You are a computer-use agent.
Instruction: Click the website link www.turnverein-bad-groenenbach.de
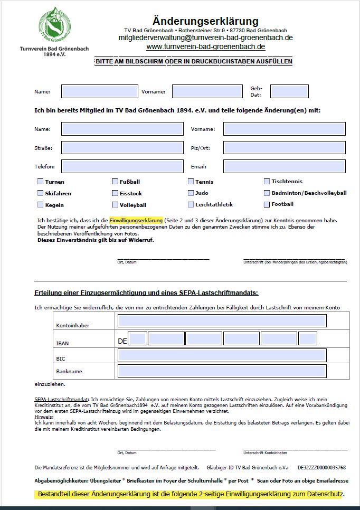click(x=205, y=47)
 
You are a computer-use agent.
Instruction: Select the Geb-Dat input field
click(x=289, y=91)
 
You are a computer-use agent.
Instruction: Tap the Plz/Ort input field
click(x=285, y=148)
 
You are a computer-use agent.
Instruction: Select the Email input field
click(x=285, y=167)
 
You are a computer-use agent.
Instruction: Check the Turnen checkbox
click(x=40, y=182)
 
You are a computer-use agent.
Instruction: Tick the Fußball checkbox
click(x=115, y=182)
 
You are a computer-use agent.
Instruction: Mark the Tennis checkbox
click(x=191, y=182)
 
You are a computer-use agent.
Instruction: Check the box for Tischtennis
click(x=267, y=182)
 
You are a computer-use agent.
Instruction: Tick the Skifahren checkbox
click(x=40, y=193)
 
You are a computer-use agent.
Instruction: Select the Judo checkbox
click(x=191, y=193)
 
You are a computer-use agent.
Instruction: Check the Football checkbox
click(x=267, y=204)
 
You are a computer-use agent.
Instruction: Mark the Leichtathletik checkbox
click(x=191, y=205)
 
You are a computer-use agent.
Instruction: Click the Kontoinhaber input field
click(x=222, y=320)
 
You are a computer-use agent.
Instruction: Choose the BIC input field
click(x=222, y=355)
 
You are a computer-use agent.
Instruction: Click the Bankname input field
click(x=222, y=371)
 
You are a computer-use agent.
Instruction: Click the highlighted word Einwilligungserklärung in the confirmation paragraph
click(x=137, y=220)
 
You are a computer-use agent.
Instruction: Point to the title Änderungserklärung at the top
click(x=205, y=21)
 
